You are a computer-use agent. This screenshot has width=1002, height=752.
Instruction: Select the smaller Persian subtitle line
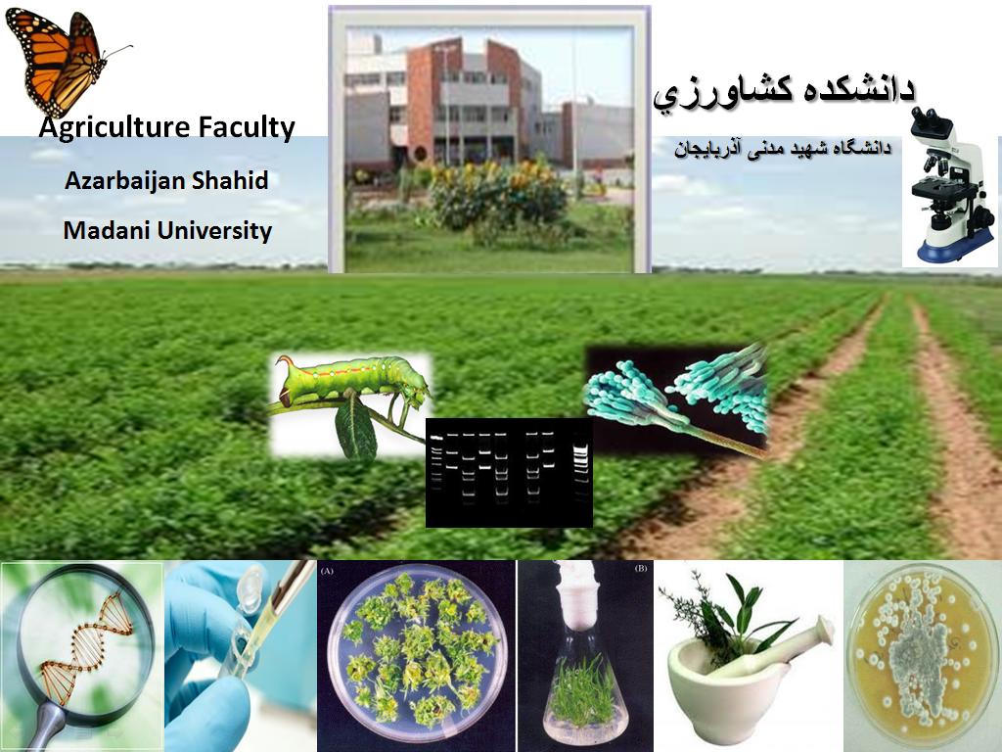tap(782, 149)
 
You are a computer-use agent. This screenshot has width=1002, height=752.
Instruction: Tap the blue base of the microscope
tap(956, 247)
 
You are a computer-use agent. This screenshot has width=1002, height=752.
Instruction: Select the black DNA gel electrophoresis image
tap(509, 473)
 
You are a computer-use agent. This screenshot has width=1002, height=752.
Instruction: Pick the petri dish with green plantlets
tap(417, 651)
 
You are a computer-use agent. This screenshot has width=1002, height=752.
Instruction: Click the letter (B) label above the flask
tap(640, 569)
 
